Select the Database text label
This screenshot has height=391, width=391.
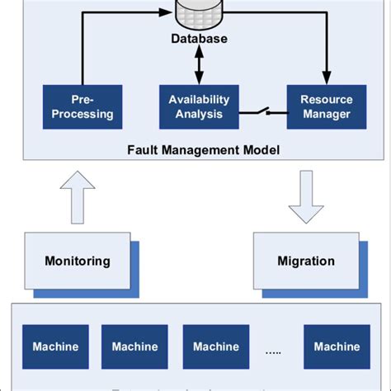click(200, 39)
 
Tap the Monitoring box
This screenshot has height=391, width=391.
click(77, 261)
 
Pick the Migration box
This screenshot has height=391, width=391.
click(306, 261)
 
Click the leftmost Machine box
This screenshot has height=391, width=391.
click(55, 346)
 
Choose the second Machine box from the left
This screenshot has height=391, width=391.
click(134, 346)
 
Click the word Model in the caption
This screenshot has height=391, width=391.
click(260, 149)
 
